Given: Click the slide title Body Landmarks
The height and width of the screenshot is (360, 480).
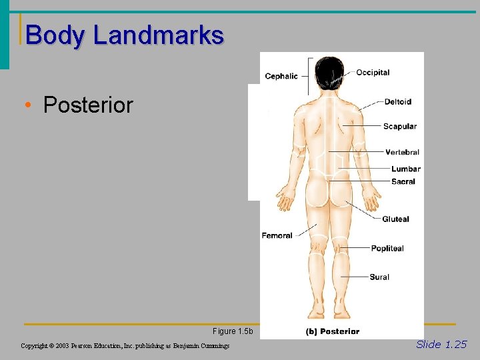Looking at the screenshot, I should click(x=125, y=35).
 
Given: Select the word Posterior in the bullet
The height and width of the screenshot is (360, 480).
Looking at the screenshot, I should click(x=88, y=105).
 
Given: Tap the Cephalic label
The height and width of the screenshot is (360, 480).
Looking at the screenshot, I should click(x=281, y=76).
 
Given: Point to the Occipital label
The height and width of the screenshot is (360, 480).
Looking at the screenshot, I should click(x=373, y=73).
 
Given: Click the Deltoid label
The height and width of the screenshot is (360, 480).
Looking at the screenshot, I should click(x=397, y=102).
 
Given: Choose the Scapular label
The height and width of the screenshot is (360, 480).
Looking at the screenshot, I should click(x=400, y=127).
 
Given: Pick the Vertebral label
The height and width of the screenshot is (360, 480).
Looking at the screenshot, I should click(x=402, y=153).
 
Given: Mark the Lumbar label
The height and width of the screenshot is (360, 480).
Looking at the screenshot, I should click(x=405, y=169).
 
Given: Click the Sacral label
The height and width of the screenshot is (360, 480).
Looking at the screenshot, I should click(x=403, y=181).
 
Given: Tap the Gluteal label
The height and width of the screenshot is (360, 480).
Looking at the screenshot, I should click(x=395, y=219).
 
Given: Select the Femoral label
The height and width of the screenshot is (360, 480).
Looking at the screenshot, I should click(x=277, y=235).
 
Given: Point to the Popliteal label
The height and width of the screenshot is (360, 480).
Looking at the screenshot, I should click(x=387, y=249).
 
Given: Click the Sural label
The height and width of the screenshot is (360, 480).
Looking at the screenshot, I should click(x=379, y=277).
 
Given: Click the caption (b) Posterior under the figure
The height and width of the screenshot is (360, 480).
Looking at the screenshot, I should click(x=332, y=331).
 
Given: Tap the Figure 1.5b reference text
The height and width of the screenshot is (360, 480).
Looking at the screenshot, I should click(x=233, y=331).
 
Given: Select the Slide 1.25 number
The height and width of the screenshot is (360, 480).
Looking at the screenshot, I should click(x=441, y=345).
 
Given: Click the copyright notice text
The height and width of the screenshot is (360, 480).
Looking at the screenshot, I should click(x=125, y=346).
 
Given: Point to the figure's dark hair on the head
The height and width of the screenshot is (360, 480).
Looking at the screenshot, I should click(x=329, y=70).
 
